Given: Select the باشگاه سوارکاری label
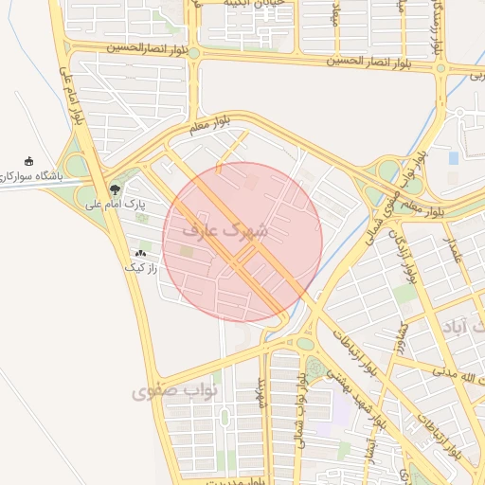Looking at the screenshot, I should tap(33, 177).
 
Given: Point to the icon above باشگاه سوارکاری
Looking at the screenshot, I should tap(29, 161).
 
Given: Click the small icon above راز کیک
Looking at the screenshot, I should tap(141, 253).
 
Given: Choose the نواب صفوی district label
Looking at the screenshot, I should tap(176, 389).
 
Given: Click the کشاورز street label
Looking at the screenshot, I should tap(403, 340).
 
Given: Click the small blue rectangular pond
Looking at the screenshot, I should tap(454, 157).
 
